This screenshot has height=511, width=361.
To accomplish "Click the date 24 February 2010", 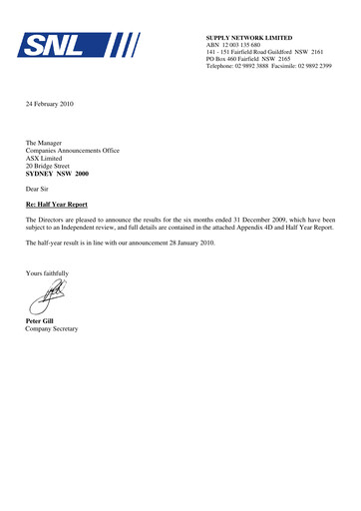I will (56, 104).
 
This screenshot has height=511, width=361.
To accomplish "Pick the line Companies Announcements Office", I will (73, 151).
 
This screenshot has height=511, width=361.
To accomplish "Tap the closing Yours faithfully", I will (47, 272).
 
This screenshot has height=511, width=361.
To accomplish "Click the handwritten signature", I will (46, 296).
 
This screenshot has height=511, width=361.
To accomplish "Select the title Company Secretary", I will (52, 328).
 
